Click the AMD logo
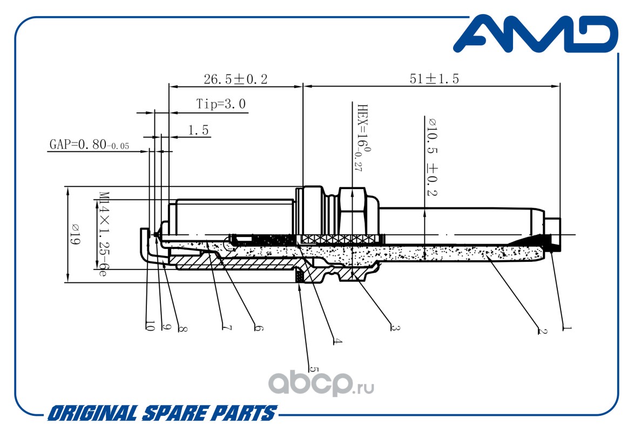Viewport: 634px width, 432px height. pyautogui.click(x=536, y=33)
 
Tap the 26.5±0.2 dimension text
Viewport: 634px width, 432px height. pyautogui.click(x=236, y=79)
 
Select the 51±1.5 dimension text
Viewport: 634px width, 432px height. pyautogui.click(x=434, y=78)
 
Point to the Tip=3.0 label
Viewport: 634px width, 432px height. pyautogui.click(x=221, y=104)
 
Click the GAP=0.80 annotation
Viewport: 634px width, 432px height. pyautogui.click(x=89, y=144)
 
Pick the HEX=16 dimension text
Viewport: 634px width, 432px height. pyautogui.click(x=362, y=138)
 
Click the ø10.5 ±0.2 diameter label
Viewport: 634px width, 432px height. pyautogui.click(x=432, y=157)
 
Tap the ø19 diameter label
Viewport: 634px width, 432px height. pyautogui.click(x=75, y=234)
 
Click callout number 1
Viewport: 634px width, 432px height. pyautogui.click(x=567, y=328)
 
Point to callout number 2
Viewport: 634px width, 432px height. pyautogui.click(x=542, y=331)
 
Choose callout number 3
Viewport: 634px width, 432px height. pyautogui.click(x=395, y=328)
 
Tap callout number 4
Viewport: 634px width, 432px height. pyautogui.click(x=337, y=341)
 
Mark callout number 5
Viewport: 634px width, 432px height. pyautogui.click(x=314, y=369)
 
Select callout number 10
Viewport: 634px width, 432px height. pyautogui.click(x=150, y=326)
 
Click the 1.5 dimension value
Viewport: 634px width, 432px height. pyautogui.click(x=198, y=130)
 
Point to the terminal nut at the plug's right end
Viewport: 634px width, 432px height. pyautogui.click(x=552, y=233)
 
